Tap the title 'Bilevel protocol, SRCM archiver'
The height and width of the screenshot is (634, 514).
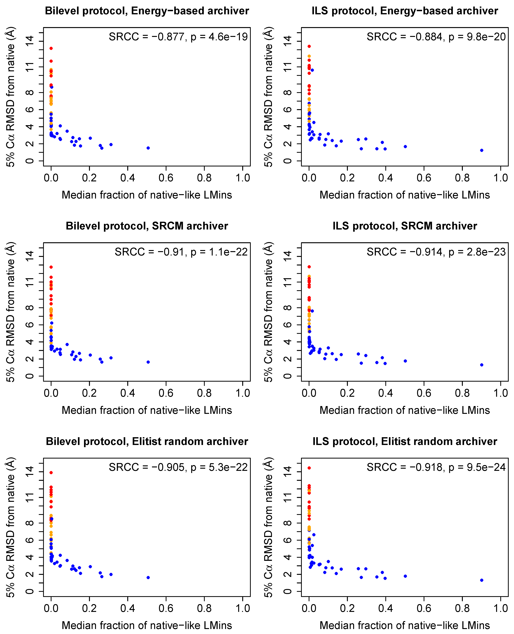coord(147,226)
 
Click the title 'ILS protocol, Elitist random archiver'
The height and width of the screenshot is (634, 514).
coord(405,441)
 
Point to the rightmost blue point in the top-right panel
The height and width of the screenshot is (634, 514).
coord(482,151)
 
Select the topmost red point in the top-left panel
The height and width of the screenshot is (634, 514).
coord(51,48)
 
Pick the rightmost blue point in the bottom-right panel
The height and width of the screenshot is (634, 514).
coord(482,580)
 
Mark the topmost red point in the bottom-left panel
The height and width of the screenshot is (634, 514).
coord(51,473)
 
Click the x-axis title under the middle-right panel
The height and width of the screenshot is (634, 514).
coord(405,410)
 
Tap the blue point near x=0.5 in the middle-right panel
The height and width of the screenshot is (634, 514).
coord(405,361)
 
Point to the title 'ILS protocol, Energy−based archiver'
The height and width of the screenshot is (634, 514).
coord(405,11)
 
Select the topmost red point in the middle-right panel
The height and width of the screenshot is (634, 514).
coord(309,267)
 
